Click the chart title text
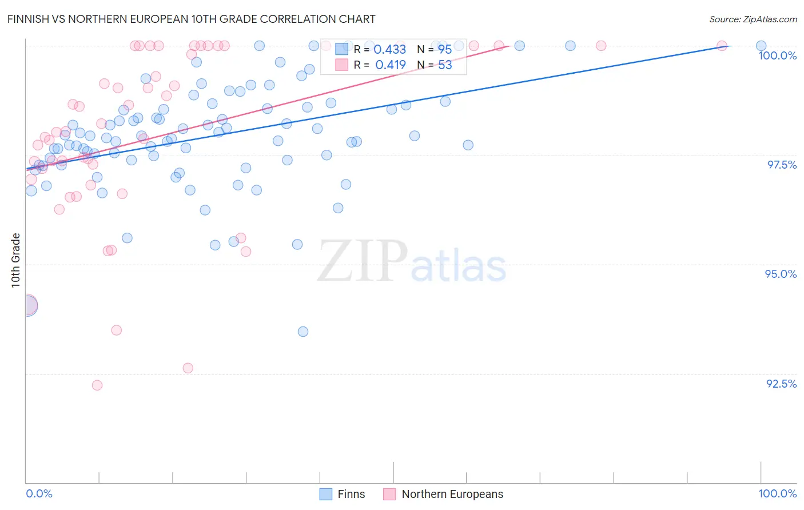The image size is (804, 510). pos(191,19)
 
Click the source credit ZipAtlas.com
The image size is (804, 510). pos(753,19)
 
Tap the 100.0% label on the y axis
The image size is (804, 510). pos(777,55)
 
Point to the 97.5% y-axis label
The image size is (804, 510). pos(781,165)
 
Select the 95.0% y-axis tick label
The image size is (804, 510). pos(781,274)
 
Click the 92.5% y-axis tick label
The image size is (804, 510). pos(781,384)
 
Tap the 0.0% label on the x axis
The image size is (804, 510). pos(39,493)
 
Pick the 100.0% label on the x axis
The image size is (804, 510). pos(777,493)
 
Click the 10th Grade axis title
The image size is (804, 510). pos(15,260)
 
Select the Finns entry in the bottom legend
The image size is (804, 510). pos(351,494)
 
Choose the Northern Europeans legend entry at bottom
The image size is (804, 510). pos(452,494)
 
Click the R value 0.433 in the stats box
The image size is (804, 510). pos(389,49)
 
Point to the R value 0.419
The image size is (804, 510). pos(390,65)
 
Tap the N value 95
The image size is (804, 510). pos(445,49)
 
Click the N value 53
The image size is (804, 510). pos(445,65)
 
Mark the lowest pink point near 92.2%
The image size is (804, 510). pos(97,385)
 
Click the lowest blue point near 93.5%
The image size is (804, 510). pos(303,332)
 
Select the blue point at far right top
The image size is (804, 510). pos(761,46)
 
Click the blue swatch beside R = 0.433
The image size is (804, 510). pos(341,49)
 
